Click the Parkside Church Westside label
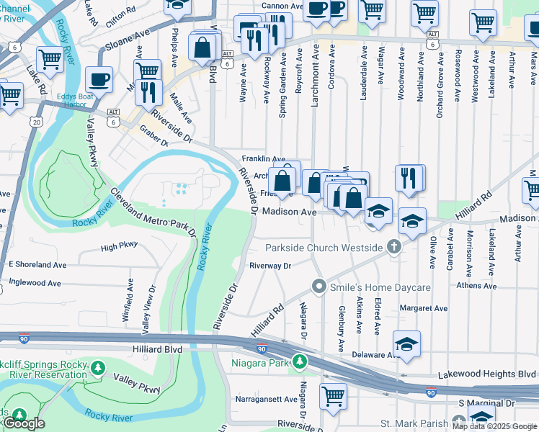click(x=324, y=248)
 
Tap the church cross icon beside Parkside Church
click(x=393, y=248)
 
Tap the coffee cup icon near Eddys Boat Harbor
click(x=99, y=79)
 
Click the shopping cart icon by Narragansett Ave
click(x=333, y=395)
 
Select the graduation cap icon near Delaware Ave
click(x=406, y=343)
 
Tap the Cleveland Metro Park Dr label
click(x=153, y=212)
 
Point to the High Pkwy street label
click(x=119, y=246)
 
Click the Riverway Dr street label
click(x=269, y=266)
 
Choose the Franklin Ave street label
click(x=264, y=158)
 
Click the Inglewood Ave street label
click(x=35, y=283)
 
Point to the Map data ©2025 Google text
click(x=494, y=426)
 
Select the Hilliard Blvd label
click(x=156, y=348)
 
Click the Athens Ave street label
click(x=476, y=286)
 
